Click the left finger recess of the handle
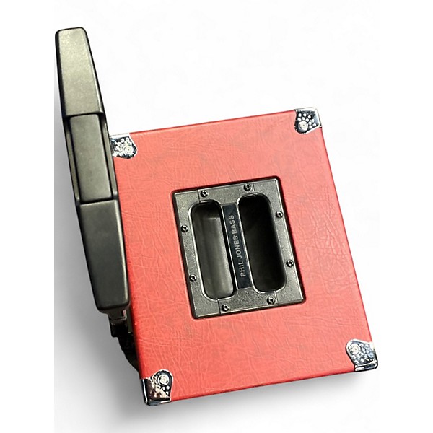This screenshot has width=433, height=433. coord(212,250)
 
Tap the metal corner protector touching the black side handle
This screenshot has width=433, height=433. coord(123,146)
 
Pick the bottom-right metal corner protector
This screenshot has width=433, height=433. coord(362,354)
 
